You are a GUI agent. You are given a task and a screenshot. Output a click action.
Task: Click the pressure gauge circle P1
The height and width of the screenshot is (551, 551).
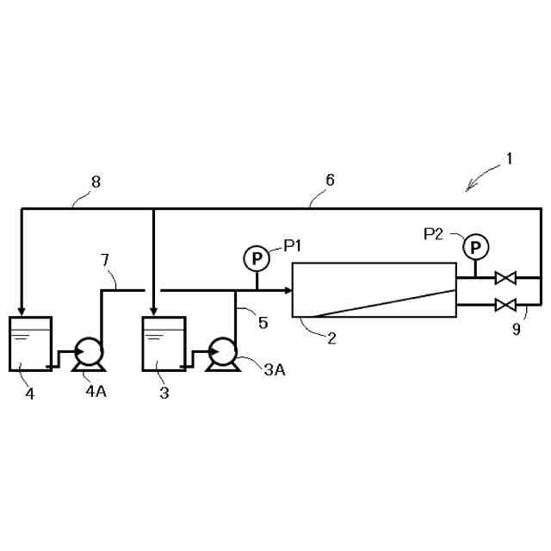pyautogui.click(x=256, y=257)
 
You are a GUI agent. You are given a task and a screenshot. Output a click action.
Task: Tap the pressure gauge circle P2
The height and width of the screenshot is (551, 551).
pyautogui.click(x=473, y=247)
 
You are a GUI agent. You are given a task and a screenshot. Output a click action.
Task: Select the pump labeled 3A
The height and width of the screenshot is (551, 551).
pyautogui.click(x=224, y=353)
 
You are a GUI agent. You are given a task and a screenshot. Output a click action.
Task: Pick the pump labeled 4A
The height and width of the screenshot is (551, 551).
pyautogui.click(x=87, y=353)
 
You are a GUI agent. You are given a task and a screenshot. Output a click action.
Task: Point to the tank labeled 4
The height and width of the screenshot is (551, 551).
pyautogui.click(x=30, y=344)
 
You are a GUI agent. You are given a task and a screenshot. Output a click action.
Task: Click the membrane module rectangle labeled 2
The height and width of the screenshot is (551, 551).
pyautogui.click(x=375, y=289)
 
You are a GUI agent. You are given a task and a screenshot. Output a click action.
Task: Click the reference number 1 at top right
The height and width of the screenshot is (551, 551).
pyautogui.click(x=509, y=158)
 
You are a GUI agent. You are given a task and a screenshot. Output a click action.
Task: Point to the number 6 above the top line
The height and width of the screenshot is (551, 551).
pyautogui.click(x=330, y=181)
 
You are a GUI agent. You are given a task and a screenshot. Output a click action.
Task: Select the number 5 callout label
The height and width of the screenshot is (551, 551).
pyautogui.click(x=263, y=323)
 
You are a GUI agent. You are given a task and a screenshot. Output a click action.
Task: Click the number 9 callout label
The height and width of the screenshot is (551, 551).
pyautogui.click(x=516, y=328)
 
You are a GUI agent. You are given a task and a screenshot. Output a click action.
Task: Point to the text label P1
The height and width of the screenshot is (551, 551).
pyautogui.click(x=293, y=246)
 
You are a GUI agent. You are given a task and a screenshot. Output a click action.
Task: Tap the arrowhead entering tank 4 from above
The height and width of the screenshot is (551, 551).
pyautogui.click(x=21, y=311)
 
